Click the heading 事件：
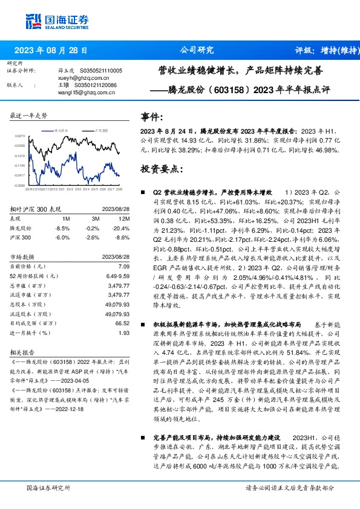click(x=151, y=117)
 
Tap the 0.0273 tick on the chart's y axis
click(x=20, y=136)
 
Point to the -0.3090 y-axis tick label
click(x=19, y=186)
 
